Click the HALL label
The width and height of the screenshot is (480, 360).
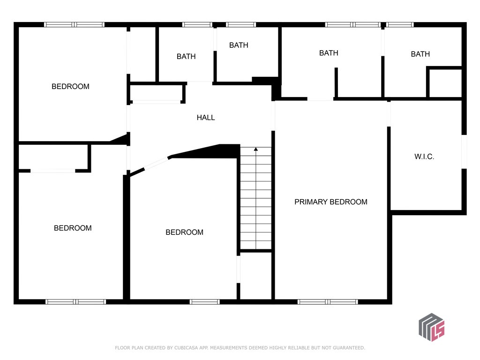click(x=205, y=118)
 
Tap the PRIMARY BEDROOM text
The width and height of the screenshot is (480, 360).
click(x=330, y=202)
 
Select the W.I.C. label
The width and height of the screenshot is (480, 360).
click(x=424, y=157)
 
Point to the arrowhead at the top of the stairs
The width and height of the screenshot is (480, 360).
click(x=255, y=149)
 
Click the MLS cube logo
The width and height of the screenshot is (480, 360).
click(x=431, y=327)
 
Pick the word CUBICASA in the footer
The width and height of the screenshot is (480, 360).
click(x=187, y=348)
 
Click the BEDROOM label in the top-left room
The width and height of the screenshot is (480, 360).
click(x=70, y=87)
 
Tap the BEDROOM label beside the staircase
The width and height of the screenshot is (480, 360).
click(x=184, y=232)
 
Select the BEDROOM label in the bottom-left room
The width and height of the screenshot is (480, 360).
click(x=73, y=228)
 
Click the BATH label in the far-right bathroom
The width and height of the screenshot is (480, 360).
click(x=420, y=54)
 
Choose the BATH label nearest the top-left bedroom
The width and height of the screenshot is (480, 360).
click(x=186, y=57)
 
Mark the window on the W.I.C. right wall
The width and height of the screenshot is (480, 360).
click(x=464, y=151)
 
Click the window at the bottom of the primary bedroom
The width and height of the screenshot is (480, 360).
click(x=328, y=302)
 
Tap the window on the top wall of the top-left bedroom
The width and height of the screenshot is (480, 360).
click(x=75, y=25)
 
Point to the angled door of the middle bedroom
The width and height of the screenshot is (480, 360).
click(x=157, y=164)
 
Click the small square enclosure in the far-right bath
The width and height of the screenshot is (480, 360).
click(x=444, y=82)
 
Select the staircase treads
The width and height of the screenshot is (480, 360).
click(x=255, y=198)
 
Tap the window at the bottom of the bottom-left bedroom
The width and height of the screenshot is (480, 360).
click(x=75, y=302)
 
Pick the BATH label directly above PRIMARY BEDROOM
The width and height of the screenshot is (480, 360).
click(x=329, y=53)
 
